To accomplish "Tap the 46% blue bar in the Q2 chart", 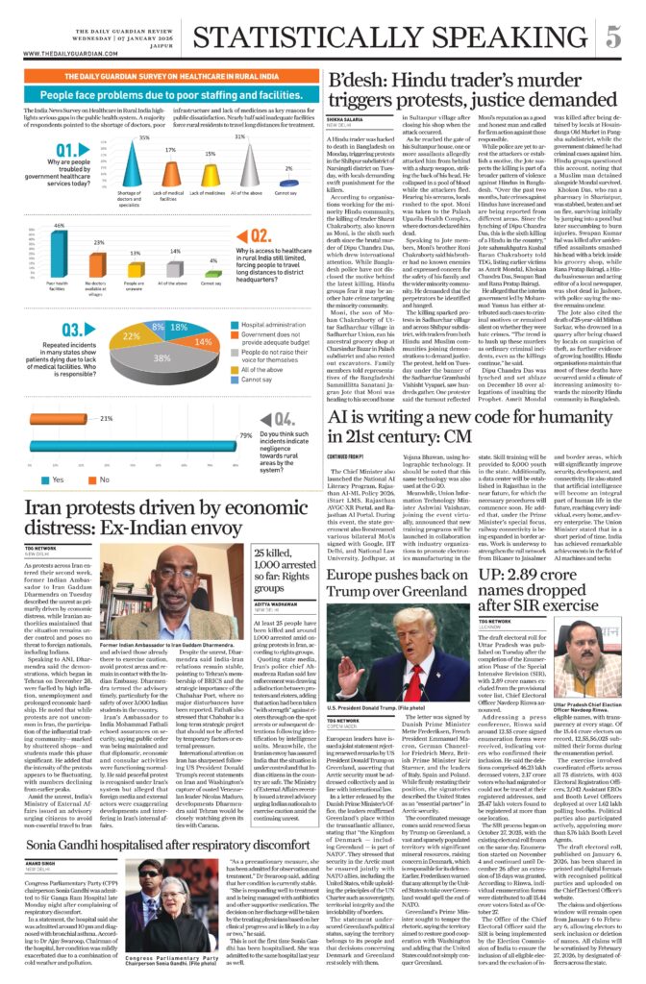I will [60, 252].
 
